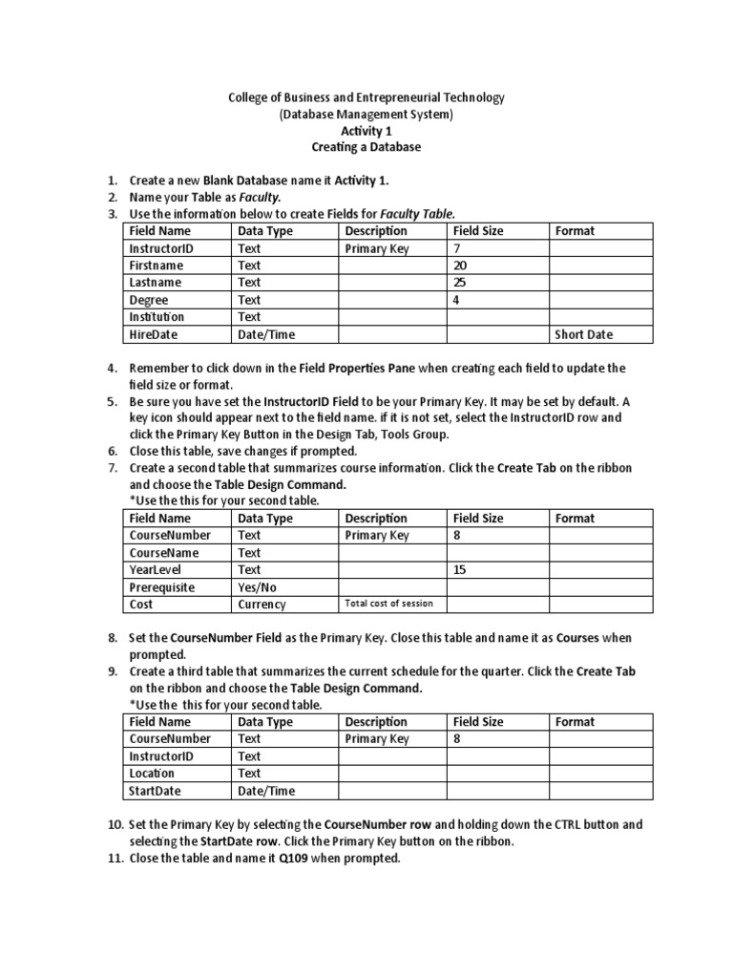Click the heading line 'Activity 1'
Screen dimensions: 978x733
tap(366, 131)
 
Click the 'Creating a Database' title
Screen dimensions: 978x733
tap(366, 148)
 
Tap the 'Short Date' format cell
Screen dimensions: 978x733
tap(584, 334)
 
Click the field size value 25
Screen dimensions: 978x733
tap(461, 283)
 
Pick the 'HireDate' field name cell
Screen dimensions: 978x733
tap(153, 334)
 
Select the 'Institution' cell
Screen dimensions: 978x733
tap(157, 317)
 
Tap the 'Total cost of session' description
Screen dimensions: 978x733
tap(388, 604)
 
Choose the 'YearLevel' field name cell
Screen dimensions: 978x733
tap(155, 570)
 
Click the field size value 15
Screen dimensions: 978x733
tap(461, 570)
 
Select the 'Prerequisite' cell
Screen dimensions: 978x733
tap(161, 587)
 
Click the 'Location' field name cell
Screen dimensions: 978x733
tap(152, 774)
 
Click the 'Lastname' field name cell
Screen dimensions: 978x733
tap(156, 283)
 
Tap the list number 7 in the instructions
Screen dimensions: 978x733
tap(112, 469)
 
